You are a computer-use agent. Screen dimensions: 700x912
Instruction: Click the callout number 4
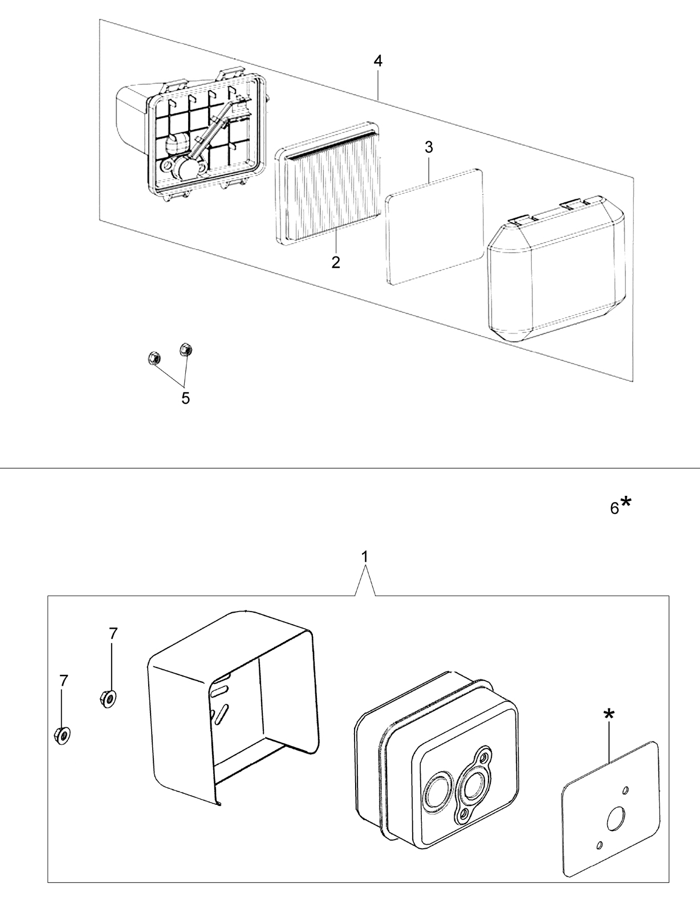pyautogui.click(x=378, y=62)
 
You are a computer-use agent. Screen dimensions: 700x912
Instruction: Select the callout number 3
pyautogui.click(x=429, y=148)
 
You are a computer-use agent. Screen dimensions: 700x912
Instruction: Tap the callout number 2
pyautogui.click(x=335, y=263)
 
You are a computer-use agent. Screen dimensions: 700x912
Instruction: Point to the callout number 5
pyautogui.click(x=185, y=398)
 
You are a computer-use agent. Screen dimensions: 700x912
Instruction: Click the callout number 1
pyautogui.click(x=365, y=557)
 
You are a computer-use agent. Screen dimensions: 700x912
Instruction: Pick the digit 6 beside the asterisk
pyautogui.click(x=614, y=508)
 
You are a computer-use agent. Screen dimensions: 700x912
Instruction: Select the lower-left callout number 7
pyautogui.click(x=63, y=681)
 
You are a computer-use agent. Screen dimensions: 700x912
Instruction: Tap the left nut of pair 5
pyautogui.click(x=153, y=359)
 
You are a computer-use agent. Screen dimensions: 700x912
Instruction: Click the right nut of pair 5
pyautogui.click(x=184, y=349)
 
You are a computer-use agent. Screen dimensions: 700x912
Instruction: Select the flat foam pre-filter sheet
pyautogui.click(x=434, y=227)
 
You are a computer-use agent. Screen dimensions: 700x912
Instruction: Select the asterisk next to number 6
pyautogui.click(x=625, y=502)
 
